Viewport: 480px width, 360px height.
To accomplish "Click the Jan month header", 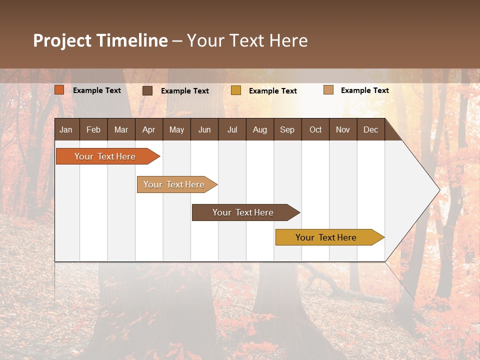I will (x=66, y=129).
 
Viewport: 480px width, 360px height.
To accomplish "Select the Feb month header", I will (x=93, y=129).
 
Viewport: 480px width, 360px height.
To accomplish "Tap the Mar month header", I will (x=121, y=129).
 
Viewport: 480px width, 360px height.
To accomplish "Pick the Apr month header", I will (x=149, y=129).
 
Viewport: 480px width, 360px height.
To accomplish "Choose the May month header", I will (x=176, y=129).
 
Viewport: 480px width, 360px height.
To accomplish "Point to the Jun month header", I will (x=204, y=129).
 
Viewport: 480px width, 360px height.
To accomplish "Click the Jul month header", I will (x=232, y=129).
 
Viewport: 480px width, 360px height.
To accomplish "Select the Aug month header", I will (x=260, y=129).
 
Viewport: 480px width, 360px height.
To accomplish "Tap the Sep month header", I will (x=287, y=129).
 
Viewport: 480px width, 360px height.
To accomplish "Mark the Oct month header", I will (x=315, y=129).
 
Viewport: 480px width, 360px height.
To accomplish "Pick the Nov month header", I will (x=343, y=129).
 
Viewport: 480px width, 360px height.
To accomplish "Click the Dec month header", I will (x=371, y=129).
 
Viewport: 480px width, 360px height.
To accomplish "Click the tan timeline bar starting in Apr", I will (x=175, y=184).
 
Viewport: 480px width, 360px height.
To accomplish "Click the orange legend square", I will (x=59, y=90).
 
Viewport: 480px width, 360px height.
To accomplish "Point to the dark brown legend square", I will (x=147, y=90).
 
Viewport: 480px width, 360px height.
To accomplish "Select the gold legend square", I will (x=236, y=90).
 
